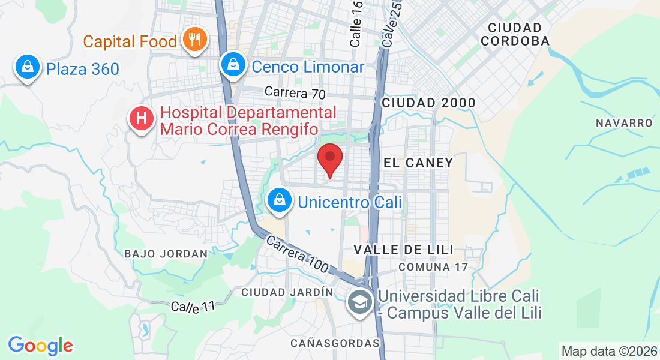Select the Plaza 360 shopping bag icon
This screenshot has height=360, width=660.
(x=28, y=68)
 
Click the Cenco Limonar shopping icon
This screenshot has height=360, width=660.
(x=233, y=65)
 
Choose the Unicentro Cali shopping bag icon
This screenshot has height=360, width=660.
(x=279, y=200)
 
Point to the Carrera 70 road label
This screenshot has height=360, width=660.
(x=295, y=93)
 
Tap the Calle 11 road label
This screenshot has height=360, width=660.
(x=193, y=307)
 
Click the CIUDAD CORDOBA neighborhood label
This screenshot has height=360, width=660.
(x=515, y=34)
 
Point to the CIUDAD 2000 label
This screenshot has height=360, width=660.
(x=428, y=103)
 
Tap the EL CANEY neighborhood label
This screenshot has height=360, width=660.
(x=418, y=163)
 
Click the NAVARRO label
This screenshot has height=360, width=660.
(x=623, y=123)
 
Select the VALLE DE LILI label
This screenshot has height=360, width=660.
(x=403, y=249)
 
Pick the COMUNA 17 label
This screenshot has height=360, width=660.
(x=432, y=266)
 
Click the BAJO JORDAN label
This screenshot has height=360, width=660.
(x=166, y=254)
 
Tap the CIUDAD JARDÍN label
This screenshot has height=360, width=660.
(x=287, y=292)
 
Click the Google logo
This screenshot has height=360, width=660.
(x=40, y=345)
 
